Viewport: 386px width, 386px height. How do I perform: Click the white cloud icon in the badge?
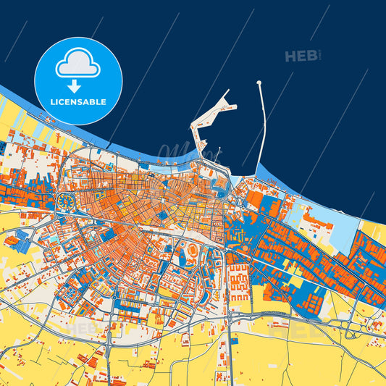pos(78,64)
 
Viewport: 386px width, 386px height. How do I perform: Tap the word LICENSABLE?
pos(78,102)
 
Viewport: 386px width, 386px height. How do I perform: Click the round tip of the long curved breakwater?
pos(259,83)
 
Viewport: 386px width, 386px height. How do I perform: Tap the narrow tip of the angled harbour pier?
pos(227,92)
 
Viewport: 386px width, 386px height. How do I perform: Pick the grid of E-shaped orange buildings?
pos(239,278)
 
